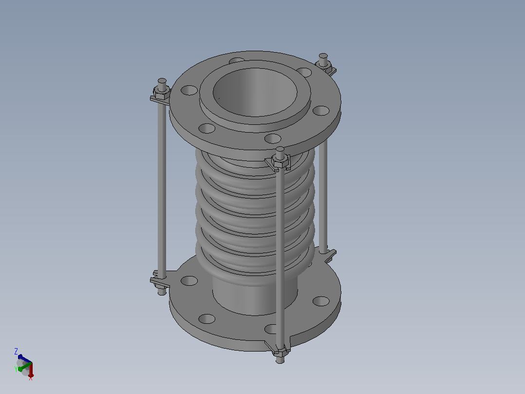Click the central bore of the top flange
[x=255, y=92]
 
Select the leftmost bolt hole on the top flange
[x=189, y=90]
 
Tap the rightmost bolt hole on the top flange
[x=321, y=110]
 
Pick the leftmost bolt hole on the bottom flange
[x=189, y=281]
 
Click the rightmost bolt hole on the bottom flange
[x=321, y=301]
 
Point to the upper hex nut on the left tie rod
[x=162, y=93]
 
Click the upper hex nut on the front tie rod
[x=280, y=161]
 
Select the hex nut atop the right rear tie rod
[x=323, y=65]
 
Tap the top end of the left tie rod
[x=162, y=81]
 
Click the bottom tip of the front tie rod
[x=280, y=361]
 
